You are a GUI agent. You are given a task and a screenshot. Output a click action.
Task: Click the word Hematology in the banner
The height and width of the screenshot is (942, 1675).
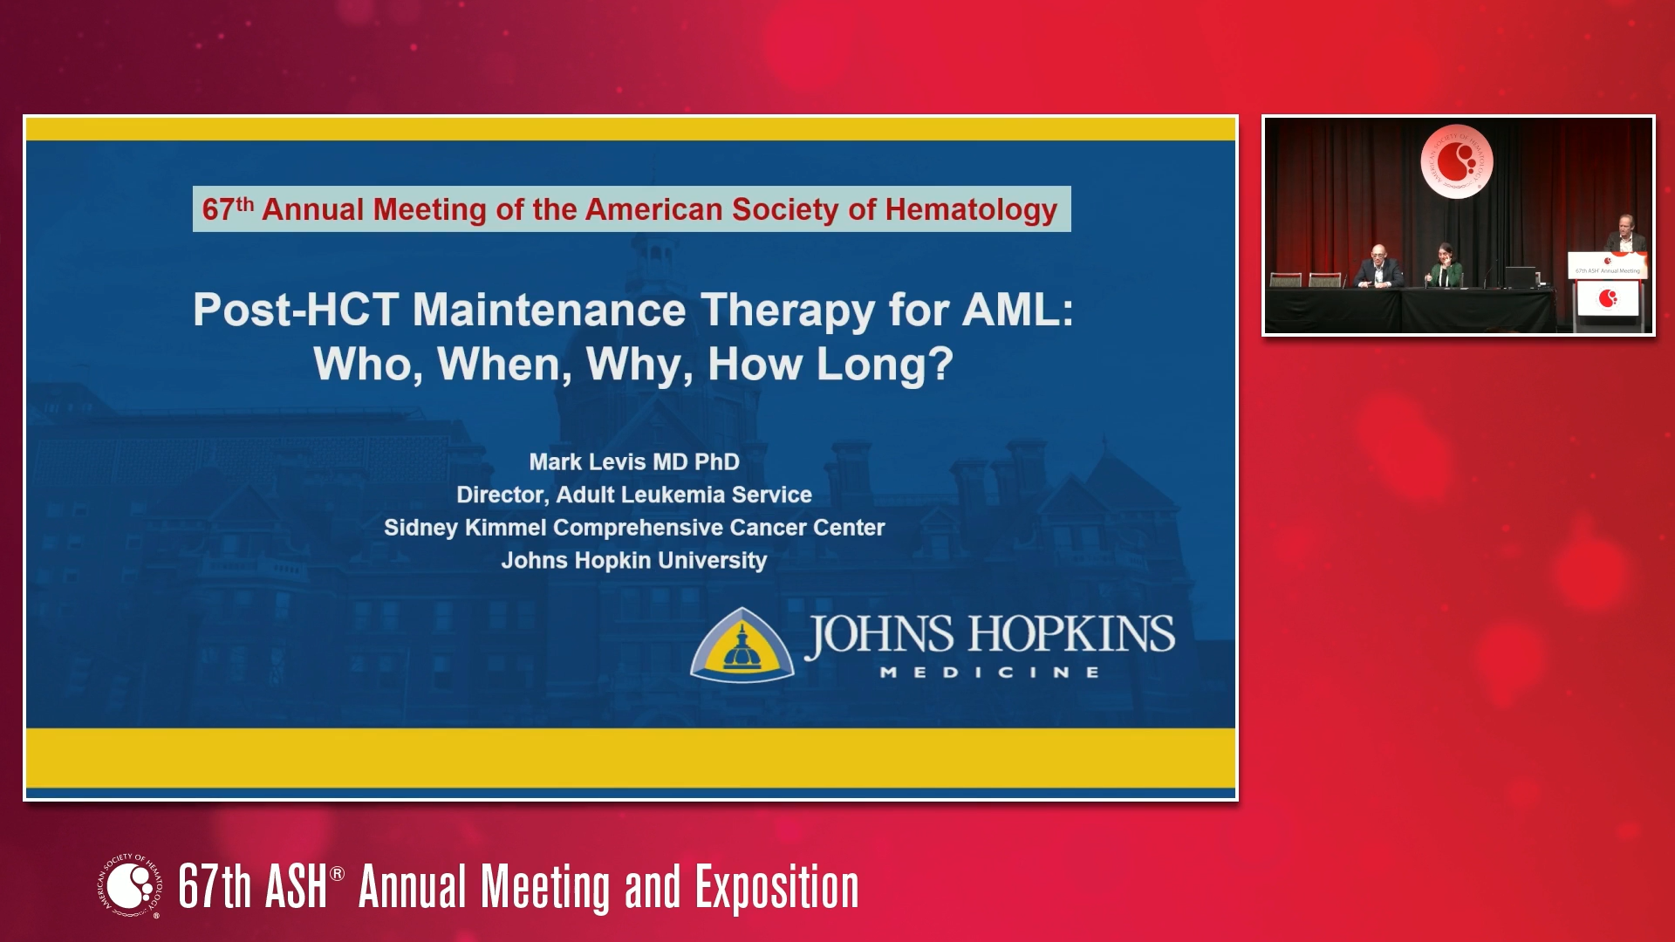(971, 210)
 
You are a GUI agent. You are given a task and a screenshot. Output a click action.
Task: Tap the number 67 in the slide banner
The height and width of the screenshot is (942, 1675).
(218, 210)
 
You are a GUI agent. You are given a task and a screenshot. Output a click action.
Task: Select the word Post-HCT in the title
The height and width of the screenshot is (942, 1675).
(296, 310)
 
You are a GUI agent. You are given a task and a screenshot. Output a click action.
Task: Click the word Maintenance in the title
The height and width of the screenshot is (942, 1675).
(549, 310)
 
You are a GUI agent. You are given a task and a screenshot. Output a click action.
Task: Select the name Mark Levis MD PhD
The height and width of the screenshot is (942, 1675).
(634, 461)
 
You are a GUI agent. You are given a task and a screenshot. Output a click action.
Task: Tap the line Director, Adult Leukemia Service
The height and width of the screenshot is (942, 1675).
(634, 495)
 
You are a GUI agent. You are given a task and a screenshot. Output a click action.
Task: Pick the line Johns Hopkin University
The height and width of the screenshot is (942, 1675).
(634, 560)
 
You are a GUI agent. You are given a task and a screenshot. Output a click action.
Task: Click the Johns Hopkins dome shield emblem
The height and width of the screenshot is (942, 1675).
(742, 645)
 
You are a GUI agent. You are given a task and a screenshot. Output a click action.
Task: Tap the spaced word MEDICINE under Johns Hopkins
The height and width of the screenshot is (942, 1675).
(989, 672)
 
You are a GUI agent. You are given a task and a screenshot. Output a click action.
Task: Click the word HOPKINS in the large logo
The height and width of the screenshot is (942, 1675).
(1072, 634)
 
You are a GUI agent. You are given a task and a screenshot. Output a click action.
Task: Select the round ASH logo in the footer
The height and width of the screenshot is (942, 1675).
(130, 885)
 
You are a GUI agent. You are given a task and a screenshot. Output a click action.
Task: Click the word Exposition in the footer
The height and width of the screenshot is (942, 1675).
(776, 887)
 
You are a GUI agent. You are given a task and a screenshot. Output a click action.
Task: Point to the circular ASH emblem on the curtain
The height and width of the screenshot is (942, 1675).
(1456, 161)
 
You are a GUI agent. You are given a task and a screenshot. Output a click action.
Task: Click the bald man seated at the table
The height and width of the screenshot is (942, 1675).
(1379, 267)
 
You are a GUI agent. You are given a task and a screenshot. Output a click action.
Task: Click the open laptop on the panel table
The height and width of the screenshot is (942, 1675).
(1520, 277)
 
